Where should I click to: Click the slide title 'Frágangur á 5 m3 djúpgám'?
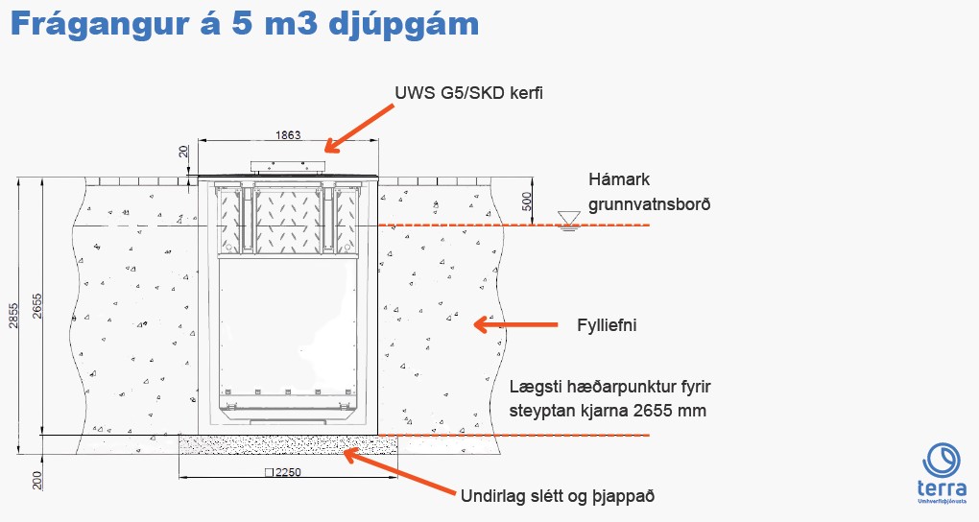[x=245, y=24]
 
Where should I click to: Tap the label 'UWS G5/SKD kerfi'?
[x=469, y=93]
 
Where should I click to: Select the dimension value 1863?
[x=288, y=135]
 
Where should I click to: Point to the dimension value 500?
[x=526, y=202]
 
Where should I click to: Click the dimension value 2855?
[x=13, y=316]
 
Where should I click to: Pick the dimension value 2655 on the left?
[x=37, y=306]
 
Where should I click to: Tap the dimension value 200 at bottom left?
[x=37, y=480]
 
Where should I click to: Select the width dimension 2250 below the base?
[x=283, y=472]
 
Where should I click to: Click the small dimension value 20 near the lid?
[x=183, y=152]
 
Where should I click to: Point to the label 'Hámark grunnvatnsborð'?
[x=650, y=192]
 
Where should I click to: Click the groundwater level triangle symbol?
[x=569, y=220]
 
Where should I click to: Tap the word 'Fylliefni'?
[x=607, y=325]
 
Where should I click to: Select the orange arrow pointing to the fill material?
[x=515, y=324]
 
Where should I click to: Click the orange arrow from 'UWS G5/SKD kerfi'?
[x=359, y=129]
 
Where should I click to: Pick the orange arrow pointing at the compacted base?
[x=399, y=472]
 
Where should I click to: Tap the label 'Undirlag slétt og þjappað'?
[x=558, y=496]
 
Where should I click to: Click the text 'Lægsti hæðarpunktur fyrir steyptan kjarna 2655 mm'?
[x=610, y=398]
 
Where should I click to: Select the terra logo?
[x=943, y=473]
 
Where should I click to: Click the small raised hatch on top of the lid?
[x=288, y=167]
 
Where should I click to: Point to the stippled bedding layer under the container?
[x=288, y=444]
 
